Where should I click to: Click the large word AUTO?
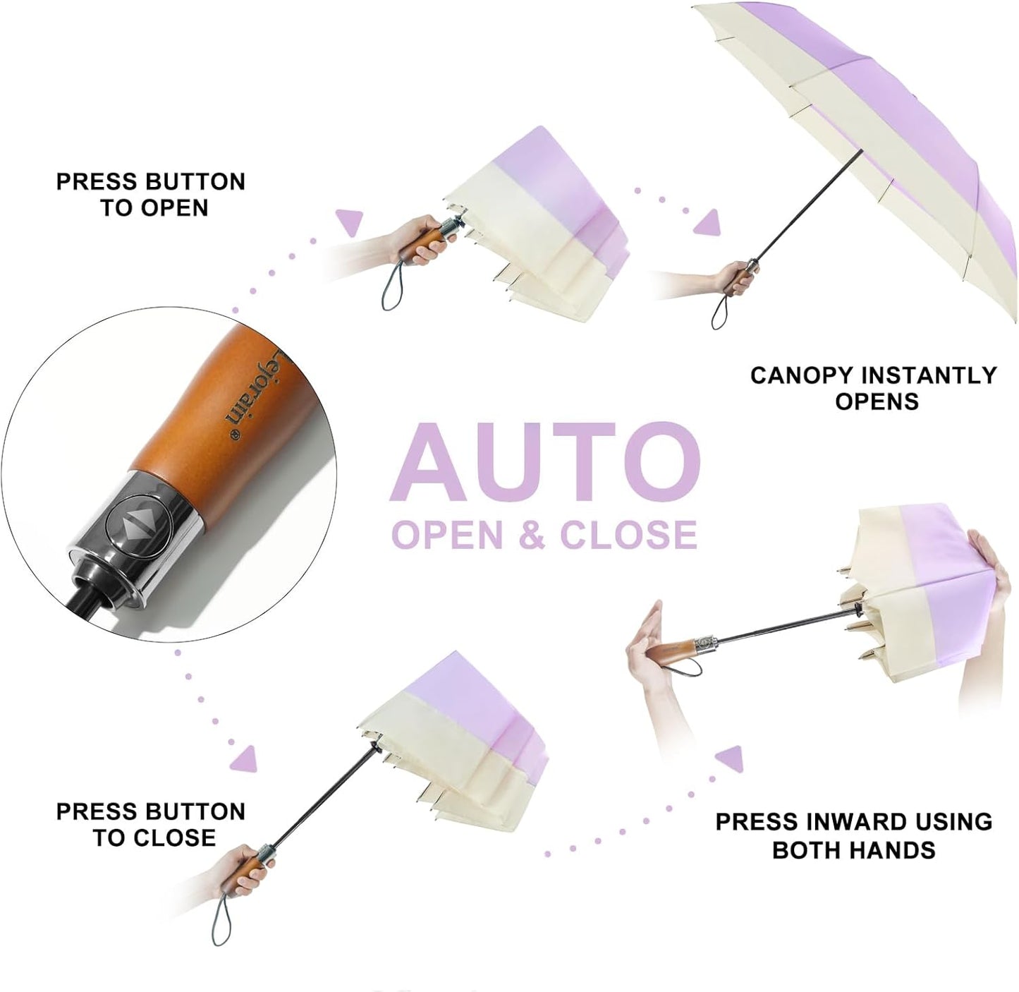[544, 461]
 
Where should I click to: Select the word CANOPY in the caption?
[801, 375]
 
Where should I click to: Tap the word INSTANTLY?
[927, 375]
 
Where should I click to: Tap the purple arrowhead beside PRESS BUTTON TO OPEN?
[349, 222]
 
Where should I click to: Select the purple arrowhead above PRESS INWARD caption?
[730, 758]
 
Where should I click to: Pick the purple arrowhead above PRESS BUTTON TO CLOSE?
[245, 758]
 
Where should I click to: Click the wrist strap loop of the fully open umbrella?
[720, 313]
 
